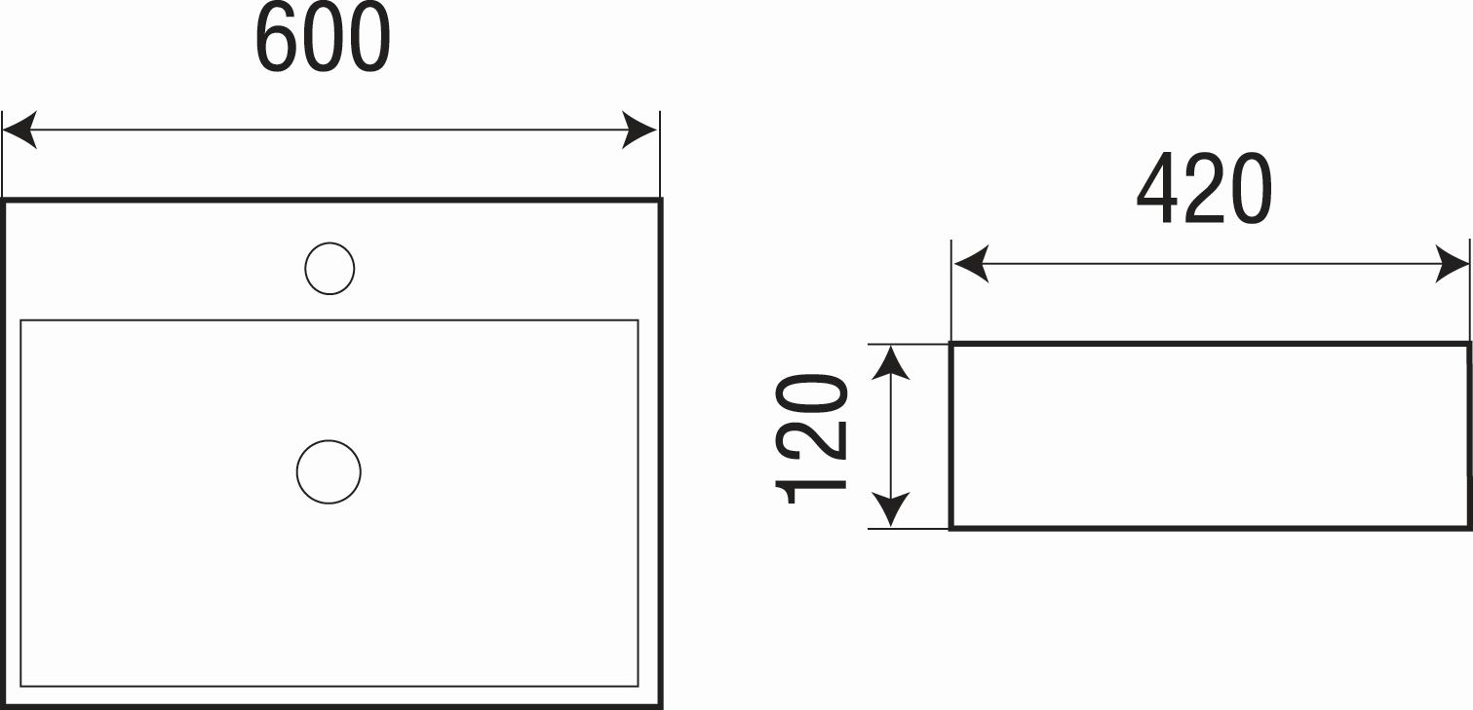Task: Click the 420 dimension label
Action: pos(1205,189)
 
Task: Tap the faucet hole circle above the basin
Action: pos(329,269)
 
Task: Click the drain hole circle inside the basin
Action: pos(329,472)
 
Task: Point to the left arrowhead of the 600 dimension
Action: pos(19,131)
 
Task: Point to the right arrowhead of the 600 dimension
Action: pos(640,131)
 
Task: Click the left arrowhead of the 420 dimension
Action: pos(971,264)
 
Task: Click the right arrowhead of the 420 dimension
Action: pos(1452,264)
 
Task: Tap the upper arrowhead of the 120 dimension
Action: pos(890,362)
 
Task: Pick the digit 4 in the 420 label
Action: pos(1158,189)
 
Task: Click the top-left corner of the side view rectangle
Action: pos(951,344)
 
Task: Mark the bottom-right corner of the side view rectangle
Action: pos(1468,528)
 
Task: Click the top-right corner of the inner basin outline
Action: pos(638,320)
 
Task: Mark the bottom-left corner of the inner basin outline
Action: pos(20,686)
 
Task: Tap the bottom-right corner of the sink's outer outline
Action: pos(660,706)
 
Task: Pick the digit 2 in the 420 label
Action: pos(1205,189)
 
